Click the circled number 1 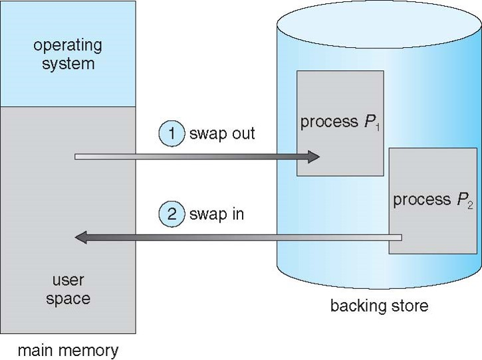[171, 134]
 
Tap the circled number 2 [171, 215]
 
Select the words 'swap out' [222, 134]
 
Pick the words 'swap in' [216, 215]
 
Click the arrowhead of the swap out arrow [313, 157]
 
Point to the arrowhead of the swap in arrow [81, 237]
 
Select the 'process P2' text [432, 200]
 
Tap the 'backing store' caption [379, 306]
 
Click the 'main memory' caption [68, 350]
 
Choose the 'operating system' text [68, 54]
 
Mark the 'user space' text [68, 290]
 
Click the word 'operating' [68, 46]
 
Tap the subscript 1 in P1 [377, 127]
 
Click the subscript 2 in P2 [470, 205]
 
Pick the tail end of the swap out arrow [78, 157]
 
